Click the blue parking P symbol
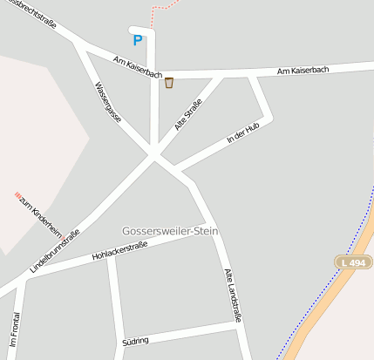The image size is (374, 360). (137, 40)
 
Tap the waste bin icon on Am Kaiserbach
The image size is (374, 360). (169, 83)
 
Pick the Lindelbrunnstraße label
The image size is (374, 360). (55, 252)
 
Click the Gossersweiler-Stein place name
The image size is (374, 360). (170, 231)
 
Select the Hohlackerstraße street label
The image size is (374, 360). (119, 251)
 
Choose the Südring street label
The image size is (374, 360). (136, 340)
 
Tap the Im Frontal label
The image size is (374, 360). (13, 330)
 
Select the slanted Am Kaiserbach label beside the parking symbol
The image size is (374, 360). (137, 67)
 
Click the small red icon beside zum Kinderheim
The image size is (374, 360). (17, 194)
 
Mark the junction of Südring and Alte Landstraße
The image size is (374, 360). (238, 323)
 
